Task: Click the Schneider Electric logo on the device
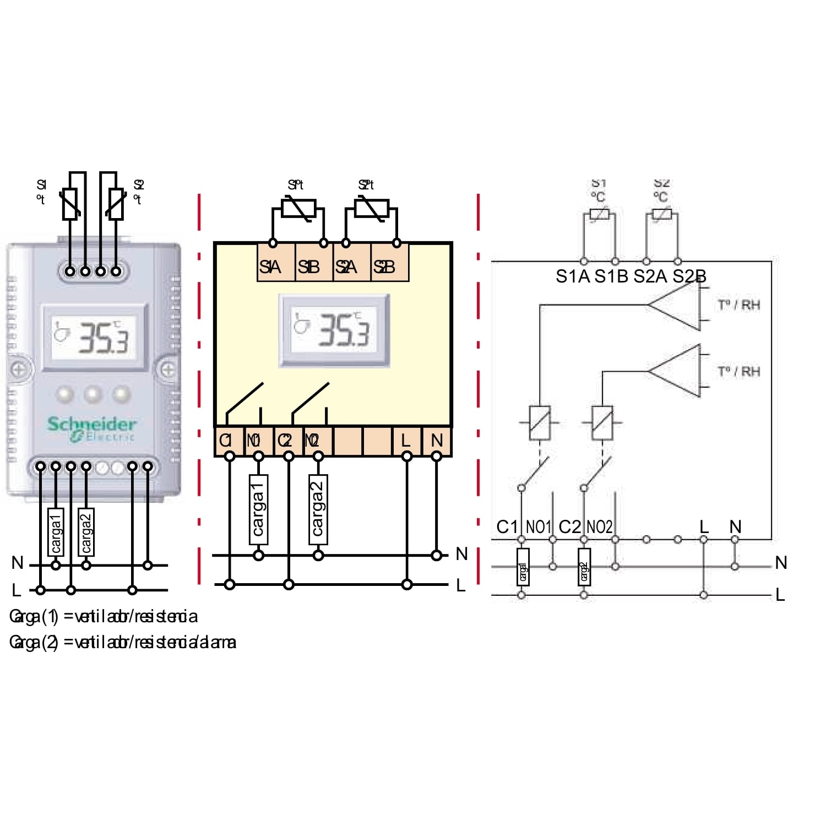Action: point(91,429)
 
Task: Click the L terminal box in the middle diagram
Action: point(406,440)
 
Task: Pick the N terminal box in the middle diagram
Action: point(437,440)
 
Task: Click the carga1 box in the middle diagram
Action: point(258,509)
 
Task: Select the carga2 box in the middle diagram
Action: point(318,509)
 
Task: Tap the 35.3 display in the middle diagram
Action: point(335,330)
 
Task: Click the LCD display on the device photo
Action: point(95,336)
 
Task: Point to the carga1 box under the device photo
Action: point(56,531)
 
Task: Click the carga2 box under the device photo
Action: point(86,531)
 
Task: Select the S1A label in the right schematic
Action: point(573,276)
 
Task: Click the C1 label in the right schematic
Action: point(507,527)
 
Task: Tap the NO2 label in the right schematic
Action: point(599,527)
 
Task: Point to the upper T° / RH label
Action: point(739,305)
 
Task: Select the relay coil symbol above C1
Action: point(540,423)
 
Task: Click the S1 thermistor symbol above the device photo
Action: point(70,204)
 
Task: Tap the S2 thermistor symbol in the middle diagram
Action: point(367,209)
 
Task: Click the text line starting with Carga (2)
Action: point(123,642)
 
